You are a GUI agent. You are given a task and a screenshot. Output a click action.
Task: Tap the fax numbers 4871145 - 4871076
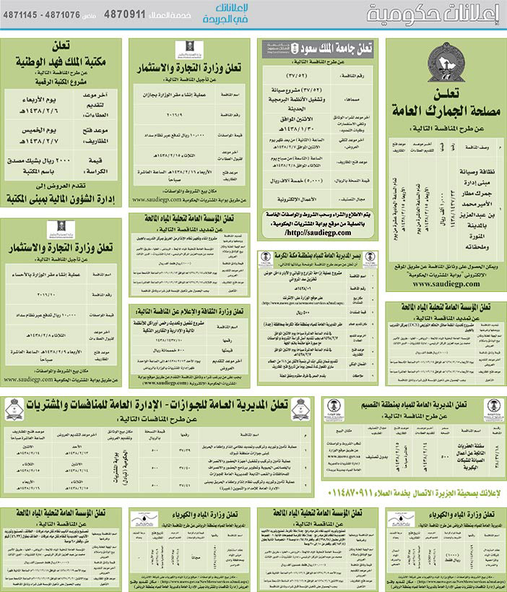(43, 14)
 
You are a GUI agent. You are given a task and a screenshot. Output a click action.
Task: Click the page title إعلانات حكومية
(433, 14)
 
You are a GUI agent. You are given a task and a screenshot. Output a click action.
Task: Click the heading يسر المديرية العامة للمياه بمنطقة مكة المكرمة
(318, 256)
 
